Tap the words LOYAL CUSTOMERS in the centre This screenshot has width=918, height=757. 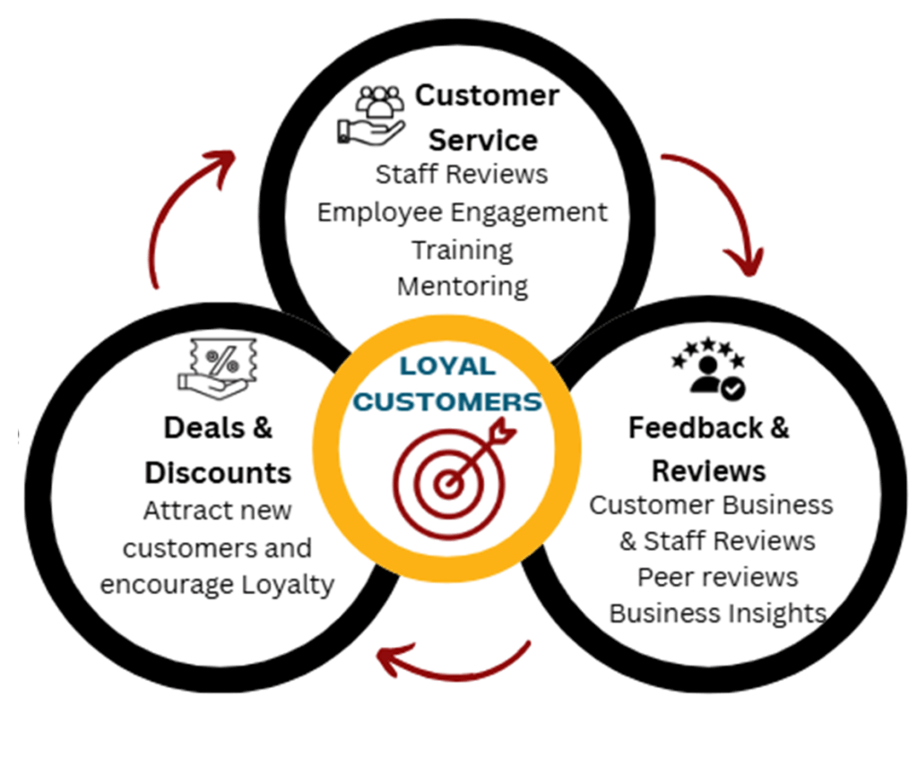[447, 384]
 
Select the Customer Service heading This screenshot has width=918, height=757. [485, 117]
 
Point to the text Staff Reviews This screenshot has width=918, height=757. [462, 173]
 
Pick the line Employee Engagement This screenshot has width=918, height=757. [462, 212]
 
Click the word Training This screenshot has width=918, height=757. [462, 249]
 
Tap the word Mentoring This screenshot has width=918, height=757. [462, 287]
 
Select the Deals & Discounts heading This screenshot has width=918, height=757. [218, 450]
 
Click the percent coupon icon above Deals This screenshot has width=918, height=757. [218, 368]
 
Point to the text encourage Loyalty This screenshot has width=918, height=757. [218, 585]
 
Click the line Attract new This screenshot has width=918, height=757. [218, 511]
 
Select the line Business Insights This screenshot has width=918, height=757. [717, 614]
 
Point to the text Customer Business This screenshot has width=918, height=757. [711, 504]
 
